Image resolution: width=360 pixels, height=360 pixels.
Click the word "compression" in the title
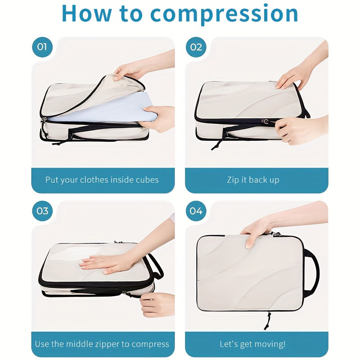(x=224, y=13)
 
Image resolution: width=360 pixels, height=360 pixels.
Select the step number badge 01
(x=42, y=47)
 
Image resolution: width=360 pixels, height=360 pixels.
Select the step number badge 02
(x=196, y=47)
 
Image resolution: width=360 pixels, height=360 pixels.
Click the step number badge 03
(x=42, y=211)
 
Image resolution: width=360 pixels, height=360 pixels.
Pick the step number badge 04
(x=196, y=211)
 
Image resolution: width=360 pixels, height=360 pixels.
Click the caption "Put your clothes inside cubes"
(x=102, y=180)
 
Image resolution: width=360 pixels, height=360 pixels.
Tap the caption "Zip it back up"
(x=253, y=180)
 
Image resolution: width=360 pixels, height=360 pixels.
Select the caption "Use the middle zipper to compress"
(x=102, y=344)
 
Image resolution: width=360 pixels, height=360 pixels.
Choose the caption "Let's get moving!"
(x=252, y=344)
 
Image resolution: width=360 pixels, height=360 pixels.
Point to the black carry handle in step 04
(x=311, y=270)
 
